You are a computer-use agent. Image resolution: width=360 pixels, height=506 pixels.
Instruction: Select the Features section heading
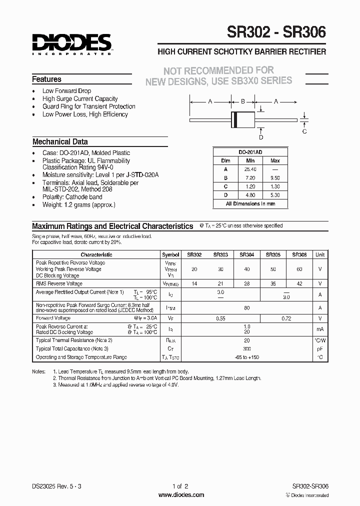coord(46,79)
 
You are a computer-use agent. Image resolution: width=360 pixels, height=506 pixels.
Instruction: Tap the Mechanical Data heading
coord(60,141)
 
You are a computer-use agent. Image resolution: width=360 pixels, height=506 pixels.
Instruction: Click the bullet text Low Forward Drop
coord(66,91)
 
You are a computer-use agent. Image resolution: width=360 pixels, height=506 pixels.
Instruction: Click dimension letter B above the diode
coord(243,101)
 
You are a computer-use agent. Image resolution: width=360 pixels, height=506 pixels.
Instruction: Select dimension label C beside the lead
coord(304,131)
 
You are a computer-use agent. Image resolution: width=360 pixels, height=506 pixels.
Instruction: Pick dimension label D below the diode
coord(260,137)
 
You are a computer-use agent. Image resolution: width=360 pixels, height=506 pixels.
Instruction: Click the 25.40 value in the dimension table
coord(250,168)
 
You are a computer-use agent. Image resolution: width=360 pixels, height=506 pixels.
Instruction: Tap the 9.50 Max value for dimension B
coord(275,177)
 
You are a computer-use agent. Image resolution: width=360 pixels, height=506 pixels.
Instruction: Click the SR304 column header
coord(246,254)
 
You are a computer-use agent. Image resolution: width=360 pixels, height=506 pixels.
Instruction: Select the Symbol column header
coord(170,254)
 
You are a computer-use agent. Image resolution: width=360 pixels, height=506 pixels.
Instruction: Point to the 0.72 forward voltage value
coord(286,317)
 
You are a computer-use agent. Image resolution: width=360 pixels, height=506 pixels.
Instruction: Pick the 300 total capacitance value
coord(246,348)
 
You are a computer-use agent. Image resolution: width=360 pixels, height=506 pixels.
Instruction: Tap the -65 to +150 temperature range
coord(246,357)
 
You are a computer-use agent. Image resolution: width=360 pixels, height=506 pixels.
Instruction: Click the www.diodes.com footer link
coord(180,495)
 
